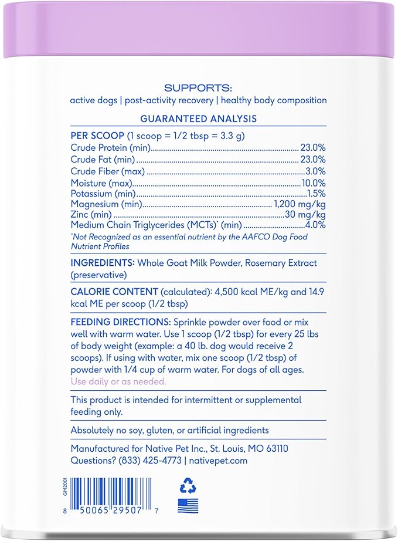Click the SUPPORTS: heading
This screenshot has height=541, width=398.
(198, 88)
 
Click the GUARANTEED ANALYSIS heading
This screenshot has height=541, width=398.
(198, 119)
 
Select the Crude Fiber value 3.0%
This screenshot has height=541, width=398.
(315, 171)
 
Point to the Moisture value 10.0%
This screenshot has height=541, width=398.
(313, 183)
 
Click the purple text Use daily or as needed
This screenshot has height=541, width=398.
(118, 381)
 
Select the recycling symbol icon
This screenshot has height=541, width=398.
(188, 485)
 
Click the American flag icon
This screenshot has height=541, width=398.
(188, 506)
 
